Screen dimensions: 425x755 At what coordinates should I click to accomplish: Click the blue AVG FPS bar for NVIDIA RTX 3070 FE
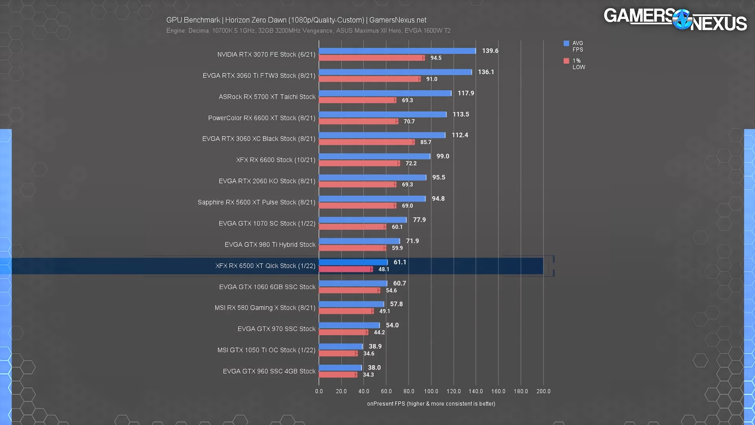coord(397,51)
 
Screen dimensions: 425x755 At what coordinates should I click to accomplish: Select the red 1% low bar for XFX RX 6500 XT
coord(345,269)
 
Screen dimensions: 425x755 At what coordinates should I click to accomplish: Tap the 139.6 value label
coord(490,51)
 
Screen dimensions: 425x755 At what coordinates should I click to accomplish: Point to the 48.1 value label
coord(384,269)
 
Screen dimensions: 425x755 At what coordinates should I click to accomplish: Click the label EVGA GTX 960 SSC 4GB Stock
coord(269,371)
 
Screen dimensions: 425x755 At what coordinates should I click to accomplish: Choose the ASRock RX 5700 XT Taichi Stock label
coord(267,97)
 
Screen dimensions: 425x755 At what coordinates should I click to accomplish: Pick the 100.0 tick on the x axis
coord(431,391)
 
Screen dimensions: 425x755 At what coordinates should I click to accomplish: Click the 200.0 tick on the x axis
coord(543,391)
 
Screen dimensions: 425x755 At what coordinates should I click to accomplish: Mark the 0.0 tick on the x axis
coord(319,391)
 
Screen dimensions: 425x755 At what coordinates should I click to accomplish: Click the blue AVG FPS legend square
coord(566,43)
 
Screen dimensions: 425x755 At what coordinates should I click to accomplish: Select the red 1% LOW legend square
coord(566,61)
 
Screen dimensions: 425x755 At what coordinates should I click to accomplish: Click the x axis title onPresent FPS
coord(431,404)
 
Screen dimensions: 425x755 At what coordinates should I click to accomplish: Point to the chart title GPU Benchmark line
coord(296,20)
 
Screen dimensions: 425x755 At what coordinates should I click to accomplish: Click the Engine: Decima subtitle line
coord(308,31)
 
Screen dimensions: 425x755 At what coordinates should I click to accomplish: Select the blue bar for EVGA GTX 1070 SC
coord(363,220)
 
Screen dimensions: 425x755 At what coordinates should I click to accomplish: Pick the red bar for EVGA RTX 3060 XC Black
coord(366,142)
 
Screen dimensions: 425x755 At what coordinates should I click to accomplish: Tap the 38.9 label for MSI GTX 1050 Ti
coord(375,346)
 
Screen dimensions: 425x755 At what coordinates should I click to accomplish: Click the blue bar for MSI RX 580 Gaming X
coord(351,304)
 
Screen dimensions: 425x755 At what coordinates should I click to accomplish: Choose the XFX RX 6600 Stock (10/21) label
coord(276,160)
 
